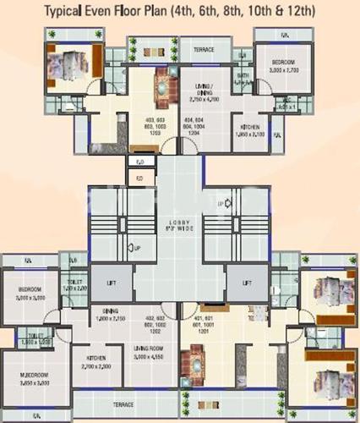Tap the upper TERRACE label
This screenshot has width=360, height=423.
pyautogui.click(x=202, y=50)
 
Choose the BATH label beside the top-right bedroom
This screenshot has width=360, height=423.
pyautogui.click(x=243, y=77)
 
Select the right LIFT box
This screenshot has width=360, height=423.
pyautogui.click(x=247, y=283)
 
